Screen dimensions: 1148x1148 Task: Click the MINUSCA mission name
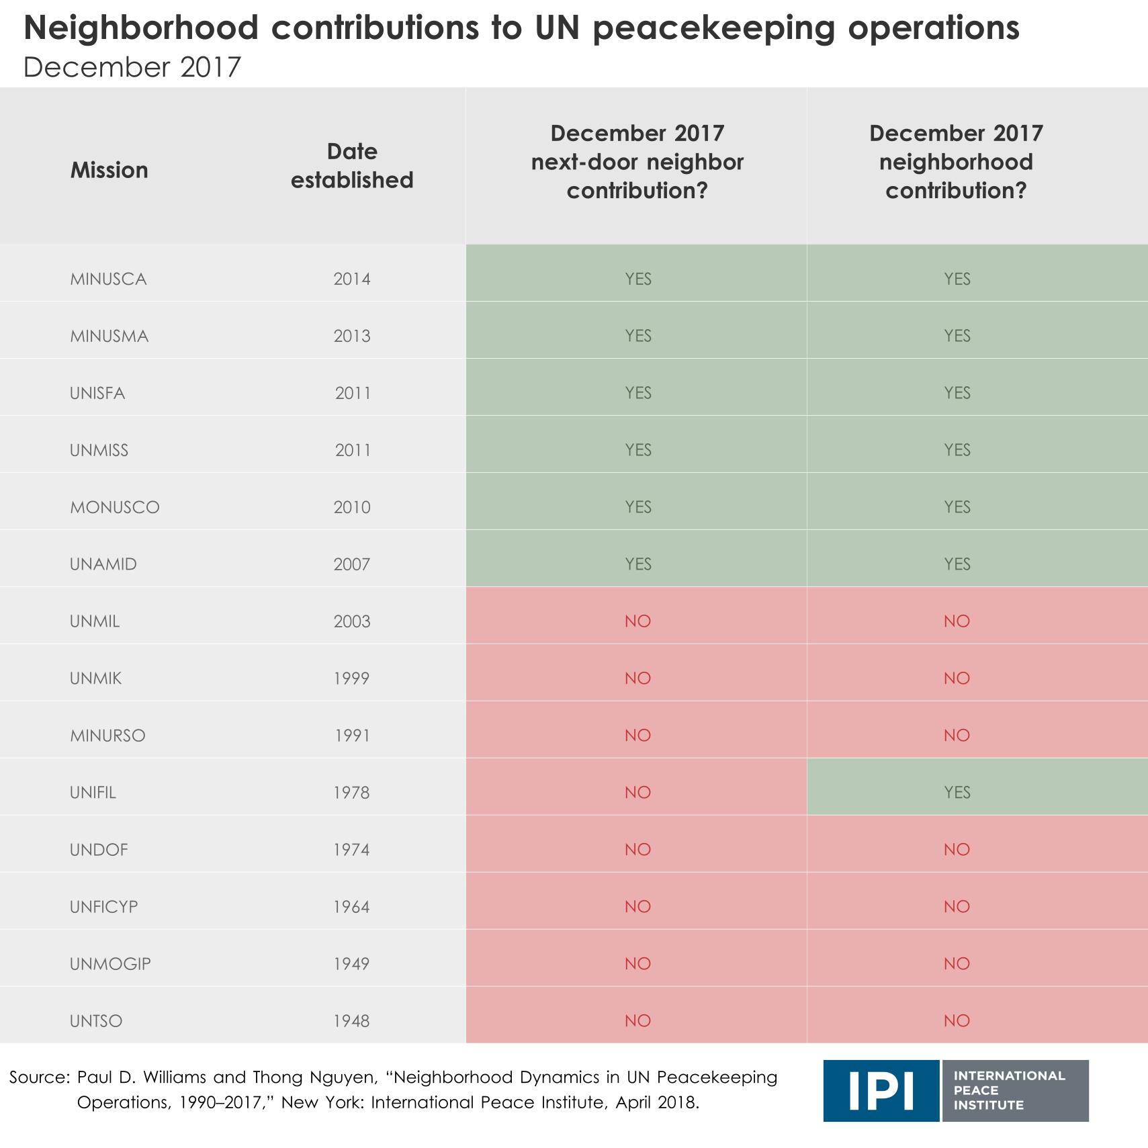tap(108, 279)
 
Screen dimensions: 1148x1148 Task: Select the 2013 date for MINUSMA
tap(352, 336)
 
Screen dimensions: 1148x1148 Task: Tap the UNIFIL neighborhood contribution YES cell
tap(957, 793)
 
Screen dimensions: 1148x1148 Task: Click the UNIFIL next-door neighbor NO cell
tap(637, 793)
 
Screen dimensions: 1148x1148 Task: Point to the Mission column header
tap(109, 170)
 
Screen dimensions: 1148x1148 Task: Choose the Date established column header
tap(352, 166)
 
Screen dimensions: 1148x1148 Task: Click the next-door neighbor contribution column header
tap(637, 162)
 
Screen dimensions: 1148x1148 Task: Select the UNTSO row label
tap(96, 1021)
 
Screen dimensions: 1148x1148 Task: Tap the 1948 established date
tap(352, 1021)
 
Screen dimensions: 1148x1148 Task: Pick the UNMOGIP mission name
tap(110, 964)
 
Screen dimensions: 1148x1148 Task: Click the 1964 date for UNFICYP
tap(352, 907)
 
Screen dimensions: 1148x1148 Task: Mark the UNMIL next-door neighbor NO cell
tap(637, 621)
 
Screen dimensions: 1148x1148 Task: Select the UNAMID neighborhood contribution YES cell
tap(957, 564)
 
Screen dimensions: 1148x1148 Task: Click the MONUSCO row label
tap(115, 507)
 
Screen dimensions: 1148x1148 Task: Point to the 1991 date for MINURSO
tap(352, 736)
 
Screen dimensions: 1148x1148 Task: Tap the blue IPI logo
tap(881, 1091)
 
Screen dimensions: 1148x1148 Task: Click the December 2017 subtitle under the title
tap(132, 67)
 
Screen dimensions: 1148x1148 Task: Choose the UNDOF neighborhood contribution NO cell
tap(957, 850)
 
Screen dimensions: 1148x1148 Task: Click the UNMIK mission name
tap(95, 678)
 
